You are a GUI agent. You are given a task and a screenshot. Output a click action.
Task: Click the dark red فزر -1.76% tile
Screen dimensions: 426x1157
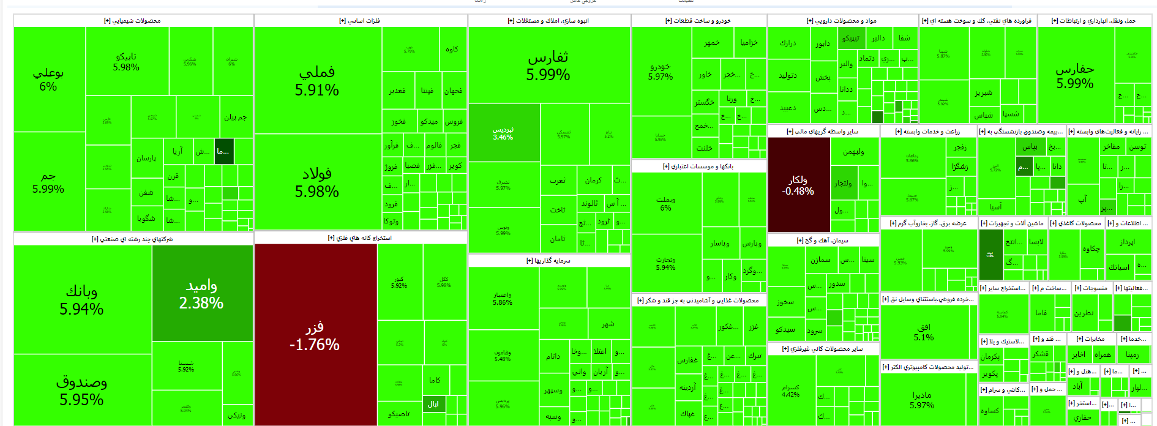[x=315, y=335]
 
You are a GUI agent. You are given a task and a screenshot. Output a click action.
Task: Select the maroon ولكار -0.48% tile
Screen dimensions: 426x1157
[x=798, y=185]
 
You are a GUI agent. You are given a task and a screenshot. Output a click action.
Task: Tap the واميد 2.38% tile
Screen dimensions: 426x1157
[x=201, y=294]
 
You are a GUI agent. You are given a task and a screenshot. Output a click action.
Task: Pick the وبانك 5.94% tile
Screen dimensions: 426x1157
[x=81, y=300]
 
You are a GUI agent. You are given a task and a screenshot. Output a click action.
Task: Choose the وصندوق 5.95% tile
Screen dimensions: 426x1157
[x=81, y=390]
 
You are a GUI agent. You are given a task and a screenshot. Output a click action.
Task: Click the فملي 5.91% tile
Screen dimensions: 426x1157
[x=317, y=81]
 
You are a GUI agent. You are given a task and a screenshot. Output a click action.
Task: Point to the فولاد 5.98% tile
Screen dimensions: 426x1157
[x=317, y=182]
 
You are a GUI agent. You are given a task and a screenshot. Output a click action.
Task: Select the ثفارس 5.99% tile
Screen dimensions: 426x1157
[x=548, y=65]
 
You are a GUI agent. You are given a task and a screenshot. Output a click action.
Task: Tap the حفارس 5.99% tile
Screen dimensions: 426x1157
[x=1075, y=75]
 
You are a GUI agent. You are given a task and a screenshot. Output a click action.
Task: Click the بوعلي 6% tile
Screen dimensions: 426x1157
[x=48, y=79]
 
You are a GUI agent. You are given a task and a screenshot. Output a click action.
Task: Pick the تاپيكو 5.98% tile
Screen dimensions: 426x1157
[x=126, y=61]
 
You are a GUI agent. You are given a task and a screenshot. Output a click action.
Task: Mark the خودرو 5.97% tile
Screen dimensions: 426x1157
[x=661, y=71]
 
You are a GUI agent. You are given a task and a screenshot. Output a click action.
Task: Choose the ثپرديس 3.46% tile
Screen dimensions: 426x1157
[x=503, y=133]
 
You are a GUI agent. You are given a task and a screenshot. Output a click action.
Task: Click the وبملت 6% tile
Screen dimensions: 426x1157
[x=665, y=203]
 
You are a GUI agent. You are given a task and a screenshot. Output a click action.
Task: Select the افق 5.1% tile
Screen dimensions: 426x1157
[x=924, y=332]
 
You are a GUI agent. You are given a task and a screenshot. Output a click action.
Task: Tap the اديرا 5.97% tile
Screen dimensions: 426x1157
[x=922, y=400]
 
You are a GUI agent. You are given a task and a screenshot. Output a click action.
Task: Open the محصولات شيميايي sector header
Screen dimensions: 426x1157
[x=132, y=21]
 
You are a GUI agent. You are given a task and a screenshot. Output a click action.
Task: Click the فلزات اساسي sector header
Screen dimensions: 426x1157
[x=360, y=21]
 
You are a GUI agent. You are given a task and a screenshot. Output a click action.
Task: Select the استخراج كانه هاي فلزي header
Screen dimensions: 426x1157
[x=360, y=238]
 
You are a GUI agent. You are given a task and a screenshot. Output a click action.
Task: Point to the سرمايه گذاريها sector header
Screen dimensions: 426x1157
[x=549, y=261]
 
